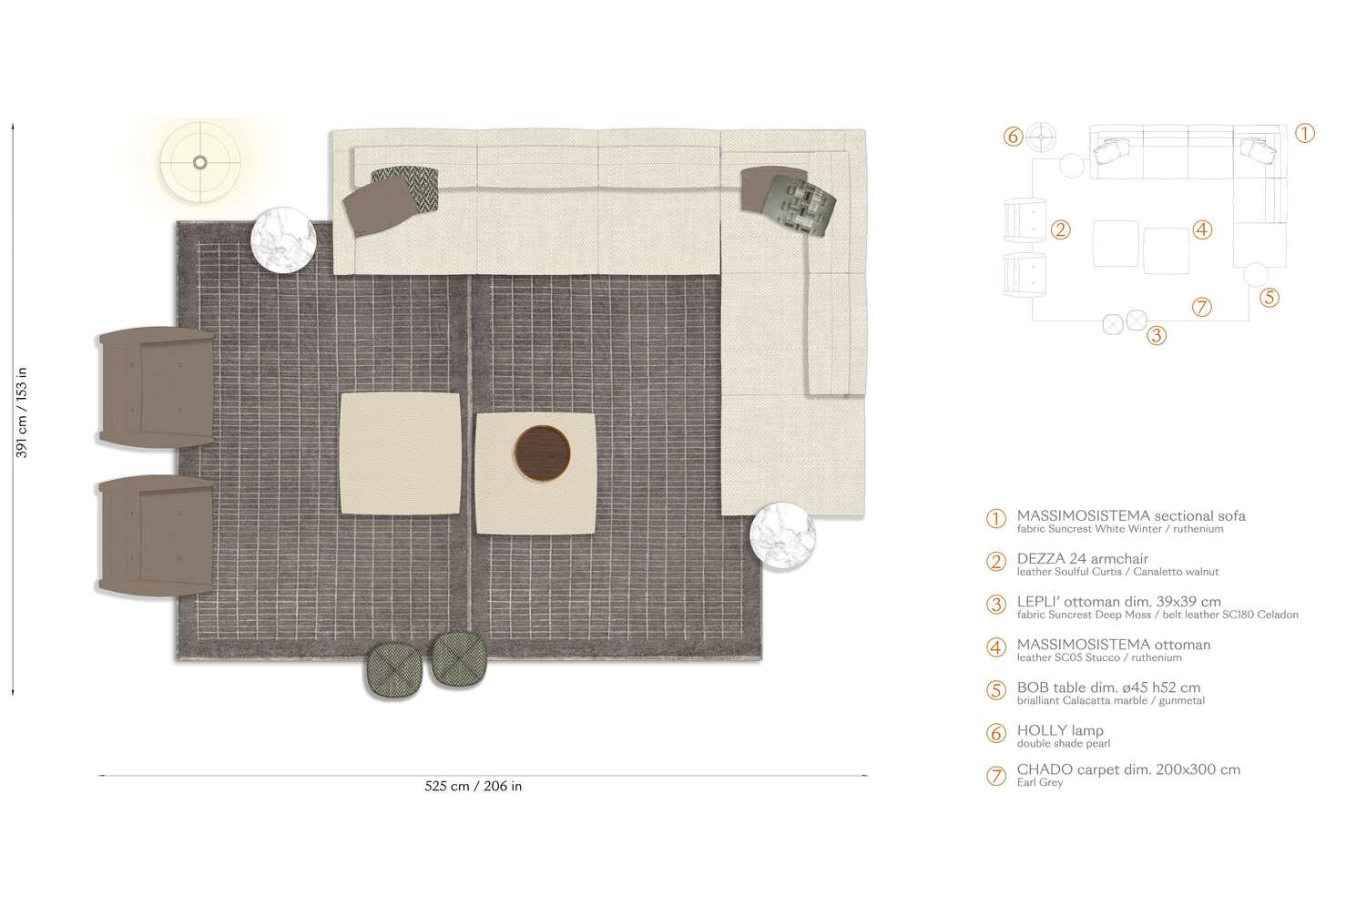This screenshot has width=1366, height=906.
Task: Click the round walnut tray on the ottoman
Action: [542, 452]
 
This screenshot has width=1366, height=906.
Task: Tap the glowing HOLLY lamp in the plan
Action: [200, 163]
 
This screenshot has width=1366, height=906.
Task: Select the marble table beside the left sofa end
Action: [283, 239]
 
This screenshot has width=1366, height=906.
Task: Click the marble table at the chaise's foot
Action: [782, 536]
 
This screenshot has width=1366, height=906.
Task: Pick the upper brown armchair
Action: [156, 387]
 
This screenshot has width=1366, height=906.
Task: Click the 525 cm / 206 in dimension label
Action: [474, 786]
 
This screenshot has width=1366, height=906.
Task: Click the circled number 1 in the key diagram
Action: [1304, 134]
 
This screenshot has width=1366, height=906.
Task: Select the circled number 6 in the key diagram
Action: [1014, 137]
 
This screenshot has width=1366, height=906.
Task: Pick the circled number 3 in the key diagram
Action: [1156, 335]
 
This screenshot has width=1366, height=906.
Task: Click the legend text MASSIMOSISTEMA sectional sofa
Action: [1131, 515]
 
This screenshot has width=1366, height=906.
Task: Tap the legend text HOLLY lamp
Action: [1060, 730]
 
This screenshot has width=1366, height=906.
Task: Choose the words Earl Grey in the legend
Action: [1040, 782]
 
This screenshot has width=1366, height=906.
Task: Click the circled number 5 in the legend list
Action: [997, 690]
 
